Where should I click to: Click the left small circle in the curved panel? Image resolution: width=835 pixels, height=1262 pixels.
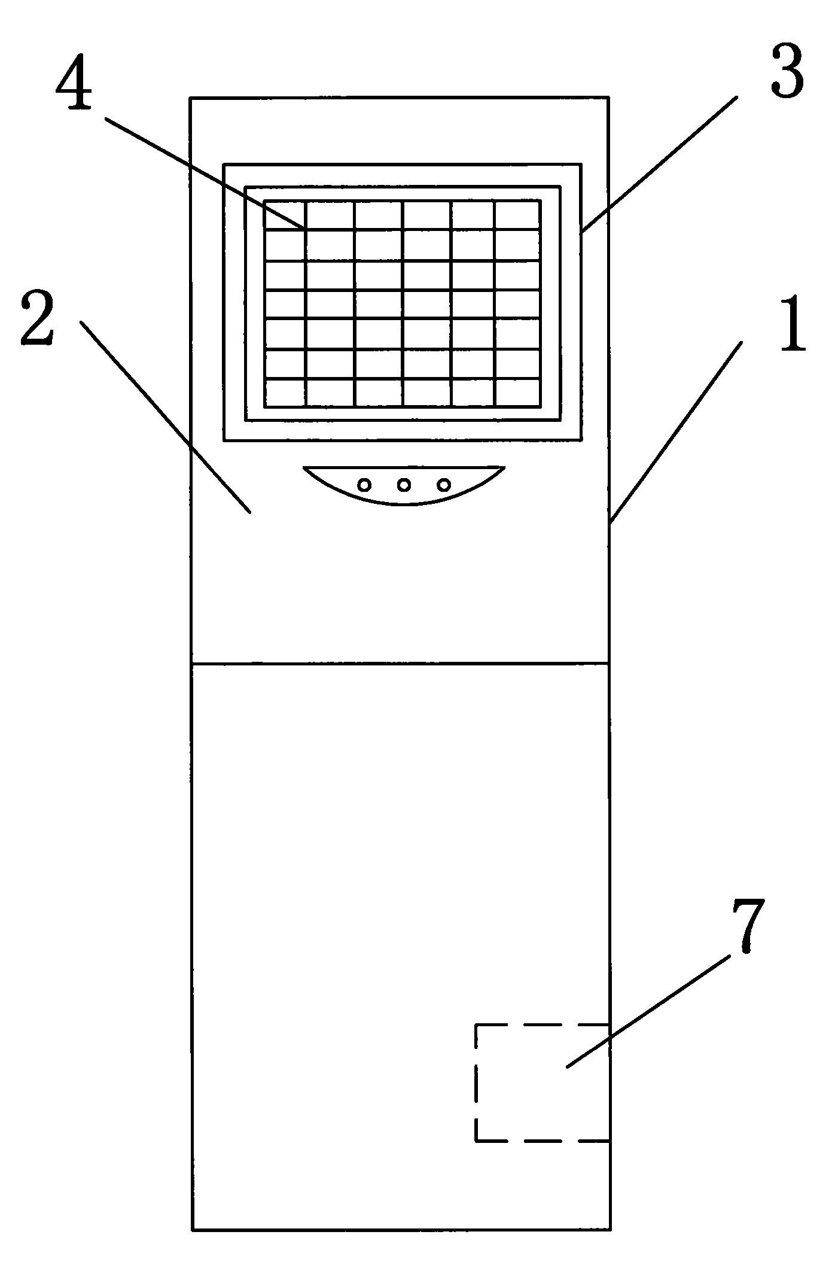tap(364, 485)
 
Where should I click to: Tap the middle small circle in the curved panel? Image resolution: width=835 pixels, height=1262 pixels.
tap(404, 485)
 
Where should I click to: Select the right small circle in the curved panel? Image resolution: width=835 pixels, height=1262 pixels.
tap(443, 485)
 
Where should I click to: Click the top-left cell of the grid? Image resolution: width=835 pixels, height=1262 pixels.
tap(285, 214)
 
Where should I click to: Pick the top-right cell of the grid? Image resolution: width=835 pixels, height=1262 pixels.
tap(517, 214)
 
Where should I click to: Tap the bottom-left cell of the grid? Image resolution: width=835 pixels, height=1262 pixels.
tap(285, 393)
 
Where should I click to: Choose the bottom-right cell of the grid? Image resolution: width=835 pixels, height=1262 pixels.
tap(517, 393)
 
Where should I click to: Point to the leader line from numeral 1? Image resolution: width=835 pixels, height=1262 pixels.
tap(676, 432)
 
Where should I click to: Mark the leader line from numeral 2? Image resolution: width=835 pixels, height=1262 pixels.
tap(165, 417)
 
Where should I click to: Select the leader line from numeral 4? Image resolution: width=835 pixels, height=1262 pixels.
tap(205, 174)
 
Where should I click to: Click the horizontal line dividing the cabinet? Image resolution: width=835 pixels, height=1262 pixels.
tap(400, 663)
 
